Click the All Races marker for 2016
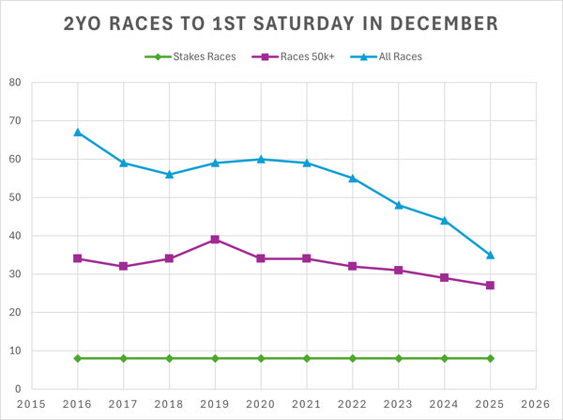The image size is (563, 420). coord(78,132)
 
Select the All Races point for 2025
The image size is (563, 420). coord(490,255)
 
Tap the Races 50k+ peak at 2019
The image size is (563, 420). coord(215,240)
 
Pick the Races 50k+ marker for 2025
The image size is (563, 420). coord(490,286)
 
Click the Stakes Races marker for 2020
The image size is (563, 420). coord(261,358)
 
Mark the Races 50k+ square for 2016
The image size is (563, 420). coord(78,258)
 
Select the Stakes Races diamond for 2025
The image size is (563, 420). coord(490,358)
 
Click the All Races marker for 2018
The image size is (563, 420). coord(169,175)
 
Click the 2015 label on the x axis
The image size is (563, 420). coord(32,404)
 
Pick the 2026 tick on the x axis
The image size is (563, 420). coord(535,404)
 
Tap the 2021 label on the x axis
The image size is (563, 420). coord(306,404)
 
